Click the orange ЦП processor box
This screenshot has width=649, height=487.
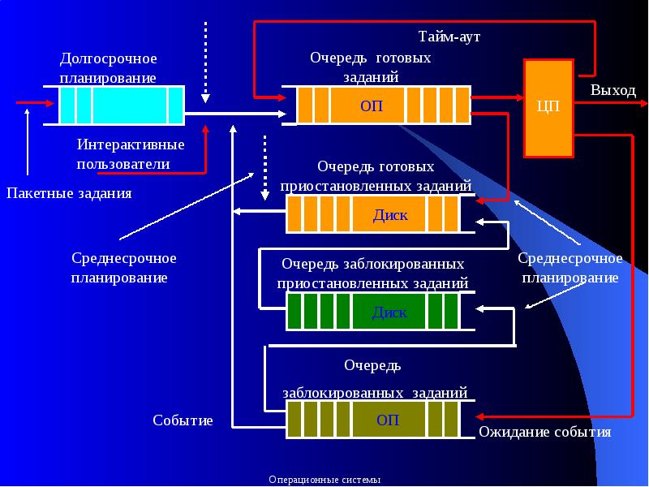click(549, 107)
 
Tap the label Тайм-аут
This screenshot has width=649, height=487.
click(454, 37)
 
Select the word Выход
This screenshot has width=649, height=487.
click(612, 90)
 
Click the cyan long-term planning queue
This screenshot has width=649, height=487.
click(122, 105)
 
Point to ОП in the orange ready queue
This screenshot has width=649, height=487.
click(371, 106)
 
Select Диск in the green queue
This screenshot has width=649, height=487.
click(389, 312)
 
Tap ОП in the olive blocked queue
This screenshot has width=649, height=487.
click(388, 420)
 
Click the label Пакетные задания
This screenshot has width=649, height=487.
click(69, 193)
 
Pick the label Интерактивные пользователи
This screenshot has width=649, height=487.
click(130, 154)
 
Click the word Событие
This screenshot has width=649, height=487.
click(183, 420)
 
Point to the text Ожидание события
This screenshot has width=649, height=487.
click(544, 433)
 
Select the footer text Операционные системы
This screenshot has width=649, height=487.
click(324, 480)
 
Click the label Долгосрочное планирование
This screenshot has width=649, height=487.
click(108, 68)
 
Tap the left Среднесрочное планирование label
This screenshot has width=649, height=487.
click(123, 268)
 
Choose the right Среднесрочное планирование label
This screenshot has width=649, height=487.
click(569, 268)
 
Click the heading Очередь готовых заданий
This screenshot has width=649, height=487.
click(370, 67)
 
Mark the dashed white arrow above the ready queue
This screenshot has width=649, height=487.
click(206, 61)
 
